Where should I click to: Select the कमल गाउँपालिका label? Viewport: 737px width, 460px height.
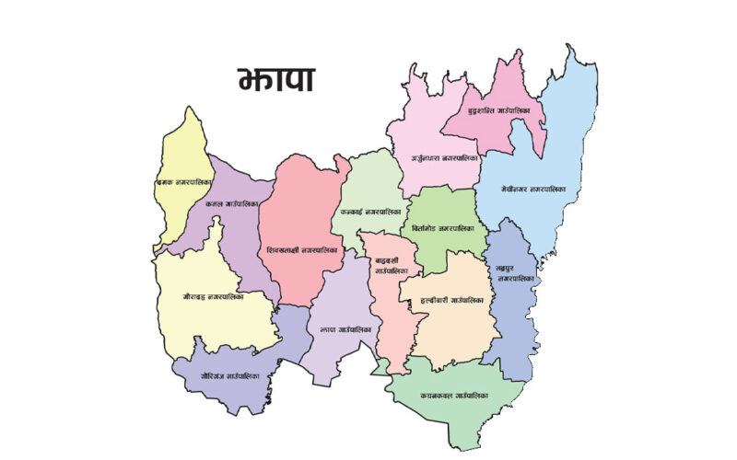click(232, 203)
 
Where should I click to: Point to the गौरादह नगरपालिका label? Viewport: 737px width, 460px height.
click(214, 296)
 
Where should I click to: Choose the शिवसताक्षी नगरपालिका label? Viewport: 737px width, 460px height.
click(302, 249)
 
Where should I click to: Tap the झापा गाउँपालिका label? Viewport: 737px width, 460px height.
click(345, 328)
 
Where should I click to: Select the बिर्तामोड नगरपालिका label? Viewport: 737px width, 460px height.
click(443, 227)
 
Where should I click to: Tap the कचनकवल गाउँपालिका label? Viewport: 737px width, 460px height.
click(454, 396)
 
